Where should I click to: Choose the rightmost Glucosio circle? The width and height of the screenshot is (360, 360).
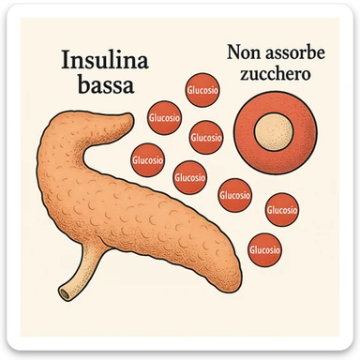[282, 211]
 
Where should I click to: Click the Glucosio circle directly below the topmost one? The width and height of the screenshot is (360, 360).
[205, 137]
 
